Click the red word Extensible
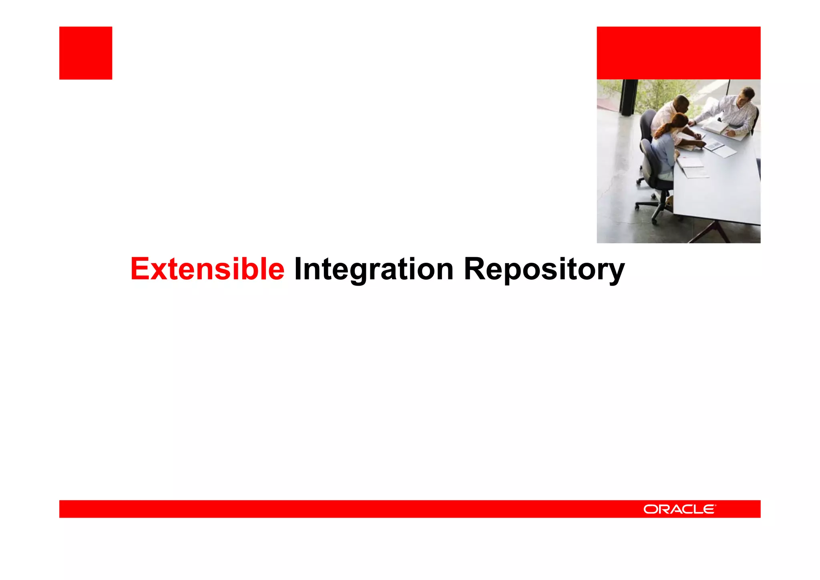pyautogui.click(x=207, y=269)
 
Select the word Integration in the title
pyautogui.click(x=374, y=269)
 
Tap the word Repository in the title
pyautogui.click(x=544, y=269)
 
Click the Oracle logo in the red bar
pyautogui.click(x=679, y=509)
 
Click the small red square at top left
pyautogui.click(x=86, y=53)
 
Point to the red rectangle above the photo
pyautogui.click(x=678, y=53)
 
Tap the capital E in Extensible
pyautogui.click(x=140, y=269)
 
